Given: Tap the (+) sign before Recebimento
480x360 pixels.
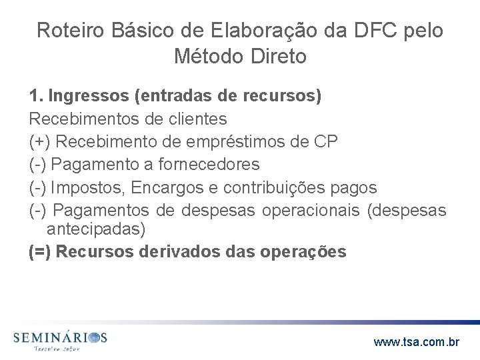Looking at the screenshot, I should tap(39, 141).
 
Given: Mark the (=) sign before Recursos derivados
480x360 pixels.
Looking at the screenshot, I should tap(39, 252).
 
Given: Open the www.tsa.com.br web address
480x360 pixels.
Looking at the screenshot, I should tap(417, 343).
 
